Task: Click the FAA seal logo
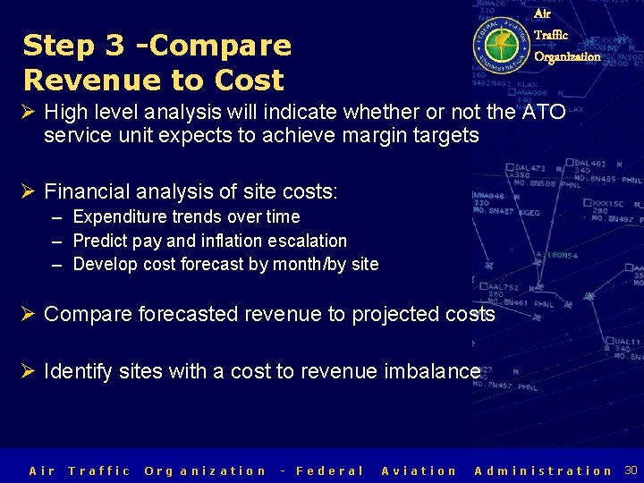point(502,45)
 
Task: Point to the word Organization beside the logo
point(567,56)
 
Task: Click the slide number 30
point(631,470)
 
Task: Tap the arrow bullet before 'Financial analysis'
point(30,191)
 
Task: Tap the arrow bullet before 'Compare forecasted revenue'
point(30,314)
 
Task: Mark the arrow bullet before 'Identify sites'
point(30,371)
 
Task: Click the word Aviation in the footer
point(419,470)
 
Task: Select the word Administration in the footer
point(543,470)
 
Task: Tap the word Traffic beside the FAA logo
point(551,35)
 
